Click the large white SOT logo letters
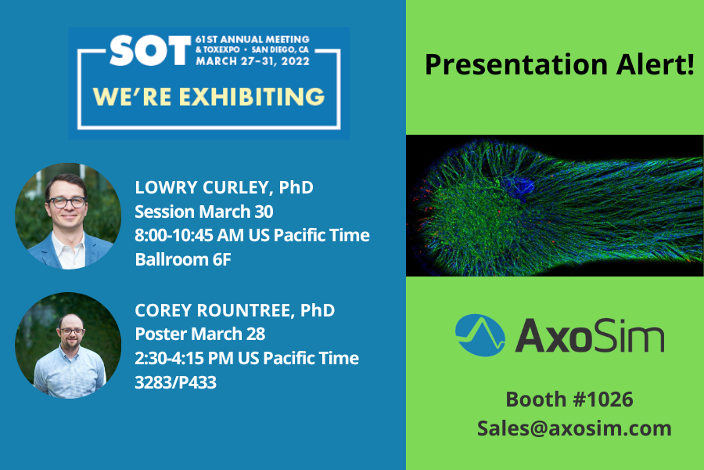[150, 50]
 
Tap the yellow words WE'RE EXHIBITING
[209, 96]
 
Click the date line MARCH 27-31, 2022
[253, 61]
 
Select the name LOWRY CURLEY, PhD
[224, 187]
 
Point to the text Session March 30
[204, 211]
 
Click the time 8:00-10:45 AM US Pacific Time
[253, 235]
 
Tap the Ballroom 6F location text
[183, 259]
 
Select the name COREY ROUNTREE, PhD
[235, 310]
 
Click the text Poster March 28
[199, 334]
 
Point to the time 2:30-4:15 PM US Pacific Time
[247, 359]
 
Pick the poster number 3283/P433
[175, 382]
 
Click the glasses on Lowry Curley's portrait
[67, 202]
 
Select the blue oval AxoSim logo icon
[480, 335]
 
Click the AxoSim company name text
[590, 335]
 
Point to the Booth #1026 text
[569, 399]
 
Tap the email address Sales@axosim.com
[574, 428]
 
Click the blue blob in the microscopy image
[519, 186]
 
